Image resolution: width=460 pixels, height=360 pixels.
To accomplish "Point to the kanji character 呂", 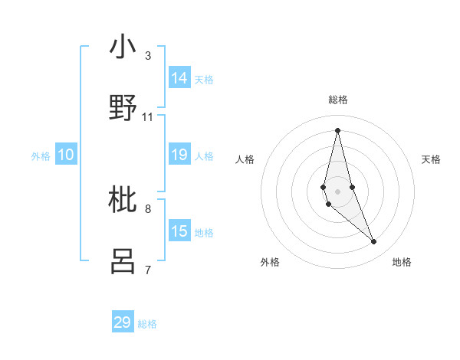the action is [123, 260].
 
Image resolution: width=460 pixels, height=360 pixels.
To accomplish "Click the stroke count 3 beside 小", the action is [148, 56].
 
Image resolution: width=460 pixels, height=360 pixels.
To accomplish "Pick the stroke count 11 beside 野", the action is [148, 116].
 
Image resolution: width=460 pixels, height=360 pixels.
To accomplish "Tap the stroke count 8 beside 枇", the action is [148, 208].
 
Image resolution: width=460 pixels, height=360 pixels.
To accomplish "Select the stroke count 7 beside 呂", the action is [148, 270].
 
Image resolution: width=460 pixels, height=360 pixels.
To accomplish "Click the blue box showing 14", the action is [179, 78].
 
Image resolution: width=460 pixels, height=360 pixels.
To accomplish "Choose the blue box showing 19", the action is [179, 155].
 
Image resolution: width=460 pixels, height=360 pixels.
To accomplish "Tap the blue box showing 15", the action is [179, 231].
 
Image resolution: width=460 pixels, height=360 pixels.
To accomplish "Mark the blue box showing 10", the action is [66, 155].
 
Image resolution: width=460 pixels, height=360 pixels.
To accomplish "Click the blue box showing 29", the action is [123, 322].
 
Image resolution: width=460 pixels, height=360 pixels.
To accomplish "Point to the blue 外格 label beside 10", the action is [41, 156].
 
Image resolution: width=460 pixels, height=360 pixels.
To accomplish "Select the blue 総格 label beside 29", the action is [147, 324].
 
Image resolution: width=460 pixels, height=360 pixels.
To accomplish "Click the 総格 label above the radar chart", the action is [338, 100].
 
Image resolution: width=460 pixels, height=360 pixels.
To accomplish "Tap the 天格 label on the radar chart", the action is [431, 159].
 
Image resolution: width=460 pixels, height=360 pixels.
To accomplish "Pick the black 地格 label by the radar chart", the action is [402, 262].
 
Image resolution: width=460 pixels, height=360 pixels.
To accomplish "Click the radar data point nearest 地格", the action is [374, 242].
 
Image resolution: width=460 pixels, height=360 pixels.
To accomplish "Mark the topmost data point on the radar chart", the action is [337, 129].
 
